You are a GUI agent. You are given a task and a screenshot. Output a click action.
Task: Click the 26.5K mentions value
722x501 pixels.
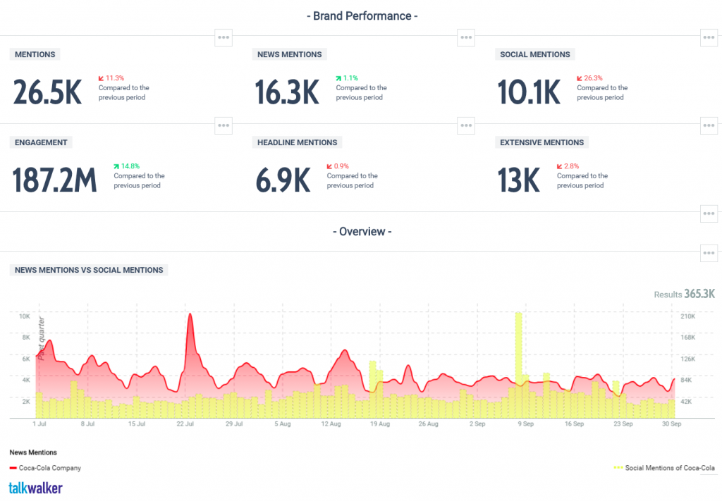(47, 92)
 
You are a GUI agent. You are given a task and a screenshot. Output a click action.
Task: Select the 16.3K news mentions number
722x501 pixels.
(288, 92)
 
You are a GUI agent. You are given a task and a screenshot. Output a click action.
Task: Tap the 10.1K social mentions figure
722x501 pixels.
(529, 92)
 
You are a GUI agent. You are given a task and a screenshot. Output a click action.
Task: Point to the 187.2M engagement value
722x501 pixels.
(55, 180)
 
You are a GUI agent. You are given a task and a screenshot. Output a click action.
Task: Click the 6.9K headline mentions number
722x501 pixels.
(283, 180)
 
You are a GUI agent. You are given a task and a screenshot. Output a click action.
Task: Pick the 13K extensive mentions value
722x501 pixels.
(518, 180)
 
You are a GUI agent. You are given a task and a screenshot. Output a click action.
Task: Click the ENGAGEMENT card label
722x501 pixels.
(41, 142)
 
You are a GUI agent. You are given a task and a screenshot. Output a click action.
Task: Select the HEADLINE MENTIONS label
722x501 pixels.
(297, 142)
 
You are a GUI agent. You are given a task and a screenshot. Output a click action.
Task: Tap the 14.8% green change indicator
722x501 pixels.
(126, 166)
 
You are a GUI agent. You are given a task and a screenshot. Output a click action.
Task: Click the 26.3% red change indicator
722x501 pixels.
(589, 78)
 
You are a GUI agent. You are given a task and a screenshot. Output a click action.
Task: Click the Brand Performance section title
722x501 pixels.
(360, 16)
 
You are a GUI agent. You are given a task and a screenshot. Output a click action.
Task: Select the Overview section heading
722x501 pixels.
(361, 231)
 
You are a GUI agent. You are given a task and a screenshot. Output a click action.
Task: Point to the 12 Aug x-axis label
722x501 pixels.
(331, 424)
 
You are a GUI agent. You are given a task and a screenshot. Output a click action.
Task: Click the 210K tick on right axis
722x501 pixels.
(687, 316)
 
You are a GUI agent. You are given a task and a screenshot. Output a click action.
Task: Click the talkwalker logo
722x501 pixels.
(35, 488)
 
